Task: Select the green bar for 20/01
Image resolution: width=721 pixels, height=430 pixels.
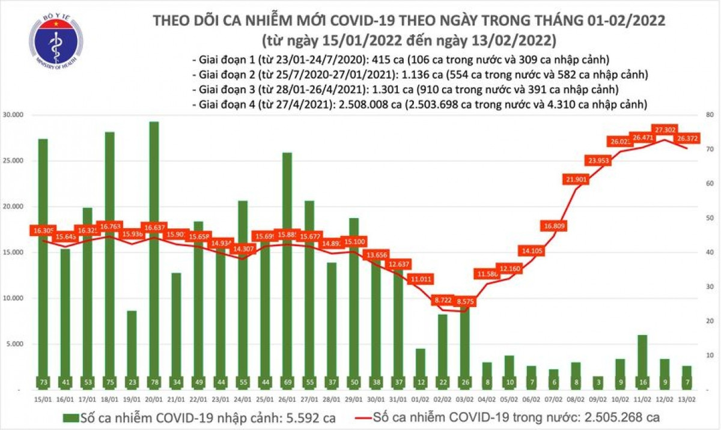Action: [x=154, y=252]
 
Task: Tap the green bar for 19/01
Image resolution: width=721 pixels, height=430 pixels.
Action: [x=132, y=348]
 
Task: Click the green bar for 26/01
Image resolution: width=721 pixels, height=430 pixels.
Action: [x=287, y=270]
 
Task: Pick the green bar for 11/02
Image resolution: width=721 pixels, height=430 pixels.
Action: [x=642, y=360]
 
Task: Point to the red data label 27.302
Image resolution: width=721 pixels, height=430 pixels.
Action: [x=666, y=129]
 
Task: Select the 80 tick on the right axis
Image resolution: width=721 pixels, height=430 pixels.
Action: [x=709, y=115]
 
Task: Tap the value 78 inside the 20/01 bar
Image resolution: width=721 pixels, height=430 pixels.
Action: [x=154, y=382]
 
